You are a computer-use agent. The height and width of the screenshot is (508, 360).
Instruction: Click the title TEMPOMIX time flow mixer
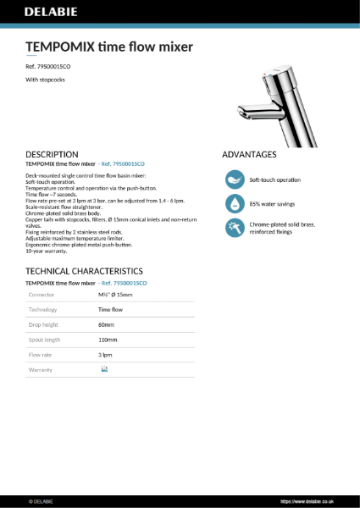coord(109,47)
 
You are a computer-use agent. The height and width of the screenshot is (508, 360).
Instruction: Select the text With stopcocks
coord(46,80)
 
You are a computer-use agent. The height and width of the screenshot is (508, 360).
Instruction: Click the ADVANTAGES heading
coord(249,155)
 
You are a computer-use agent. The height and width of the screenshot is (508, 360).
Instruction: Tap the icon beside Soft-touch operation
coord(233,180)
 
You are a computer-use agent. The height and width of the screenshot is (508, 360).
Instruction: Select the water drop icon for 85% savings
coord(233,204)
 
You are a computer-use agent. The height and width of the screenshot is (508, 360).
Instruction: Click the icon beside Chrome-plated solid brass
coord(233,228)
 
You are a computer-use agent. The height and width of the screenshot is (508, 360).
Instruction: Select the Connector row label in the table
coord(42,295)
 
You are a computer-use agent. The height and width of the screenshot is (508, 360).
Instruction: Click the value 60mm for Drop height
coord(106,325)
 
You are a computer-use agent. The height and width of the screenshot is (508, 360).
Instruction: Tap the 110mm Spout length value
coord(108,340)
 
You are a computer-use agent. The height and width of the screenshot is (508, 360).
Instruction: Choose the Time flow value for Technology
coord(111,310)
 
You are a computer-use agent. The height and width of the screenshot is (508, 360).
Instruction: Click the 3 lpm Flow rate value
coord(106,356)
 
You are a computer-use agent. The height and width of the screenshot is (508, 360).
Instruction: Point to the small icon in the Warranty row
coord(104,370)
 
